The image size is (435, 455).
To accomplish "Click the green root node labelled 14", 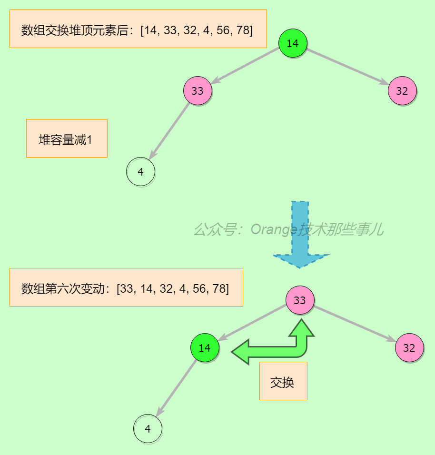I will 293,43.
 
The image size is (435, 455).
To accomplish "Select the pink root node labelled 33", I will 300,300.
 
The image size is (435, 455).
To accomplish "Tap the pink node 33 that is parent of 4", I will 198,90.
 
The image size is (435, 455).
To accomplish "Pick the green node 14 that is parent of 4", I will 205,348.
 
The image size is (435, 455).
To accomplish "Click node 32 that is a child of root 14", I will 402,90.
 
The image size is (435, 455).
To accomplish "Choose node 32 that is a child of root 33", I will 409,348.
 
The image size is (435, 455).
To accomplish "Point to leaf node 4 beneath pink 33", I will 140,172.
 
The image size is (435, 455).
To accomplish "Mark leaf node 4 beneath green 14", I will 148,429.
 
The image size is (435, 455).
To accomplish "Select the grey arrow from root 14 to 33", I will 245,67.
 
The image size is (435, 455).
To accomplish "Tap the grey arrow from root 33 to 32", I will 355,324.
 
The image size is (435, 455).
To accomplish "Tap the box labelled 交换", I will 283,381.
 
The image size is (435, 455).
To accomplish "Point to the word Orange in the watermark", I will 274,230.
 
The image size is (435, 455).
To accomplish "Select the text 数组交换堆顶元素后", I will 78,30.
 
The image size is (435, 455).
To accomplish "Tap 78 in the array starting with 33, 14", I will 220,288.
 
